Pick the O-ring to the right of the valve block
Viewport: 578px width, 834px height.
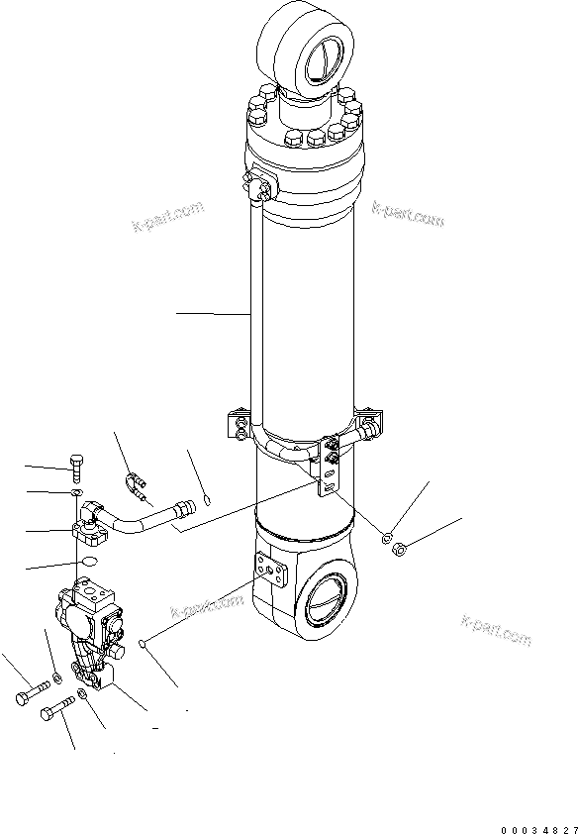144,645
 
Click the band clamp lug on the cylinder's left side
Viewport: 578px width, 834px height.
239,423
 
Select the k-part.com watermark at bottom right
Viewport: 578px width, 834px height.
496,631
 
